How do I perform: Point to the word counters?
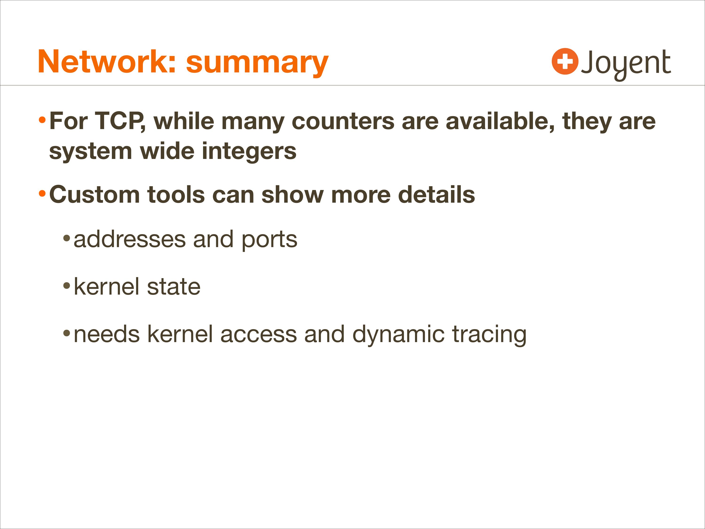(x=343, y=122)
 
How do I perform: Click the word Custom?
(x=94, y=194)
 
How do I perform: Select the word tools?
(x=176, y=194)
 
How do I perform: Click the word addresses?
(x=130, y=240)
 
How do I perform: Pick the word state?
(x=174, y=287)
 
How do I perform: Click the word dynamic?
(x=398, y=335)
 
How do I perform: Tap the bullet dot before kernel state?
(x=67, y=286)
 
